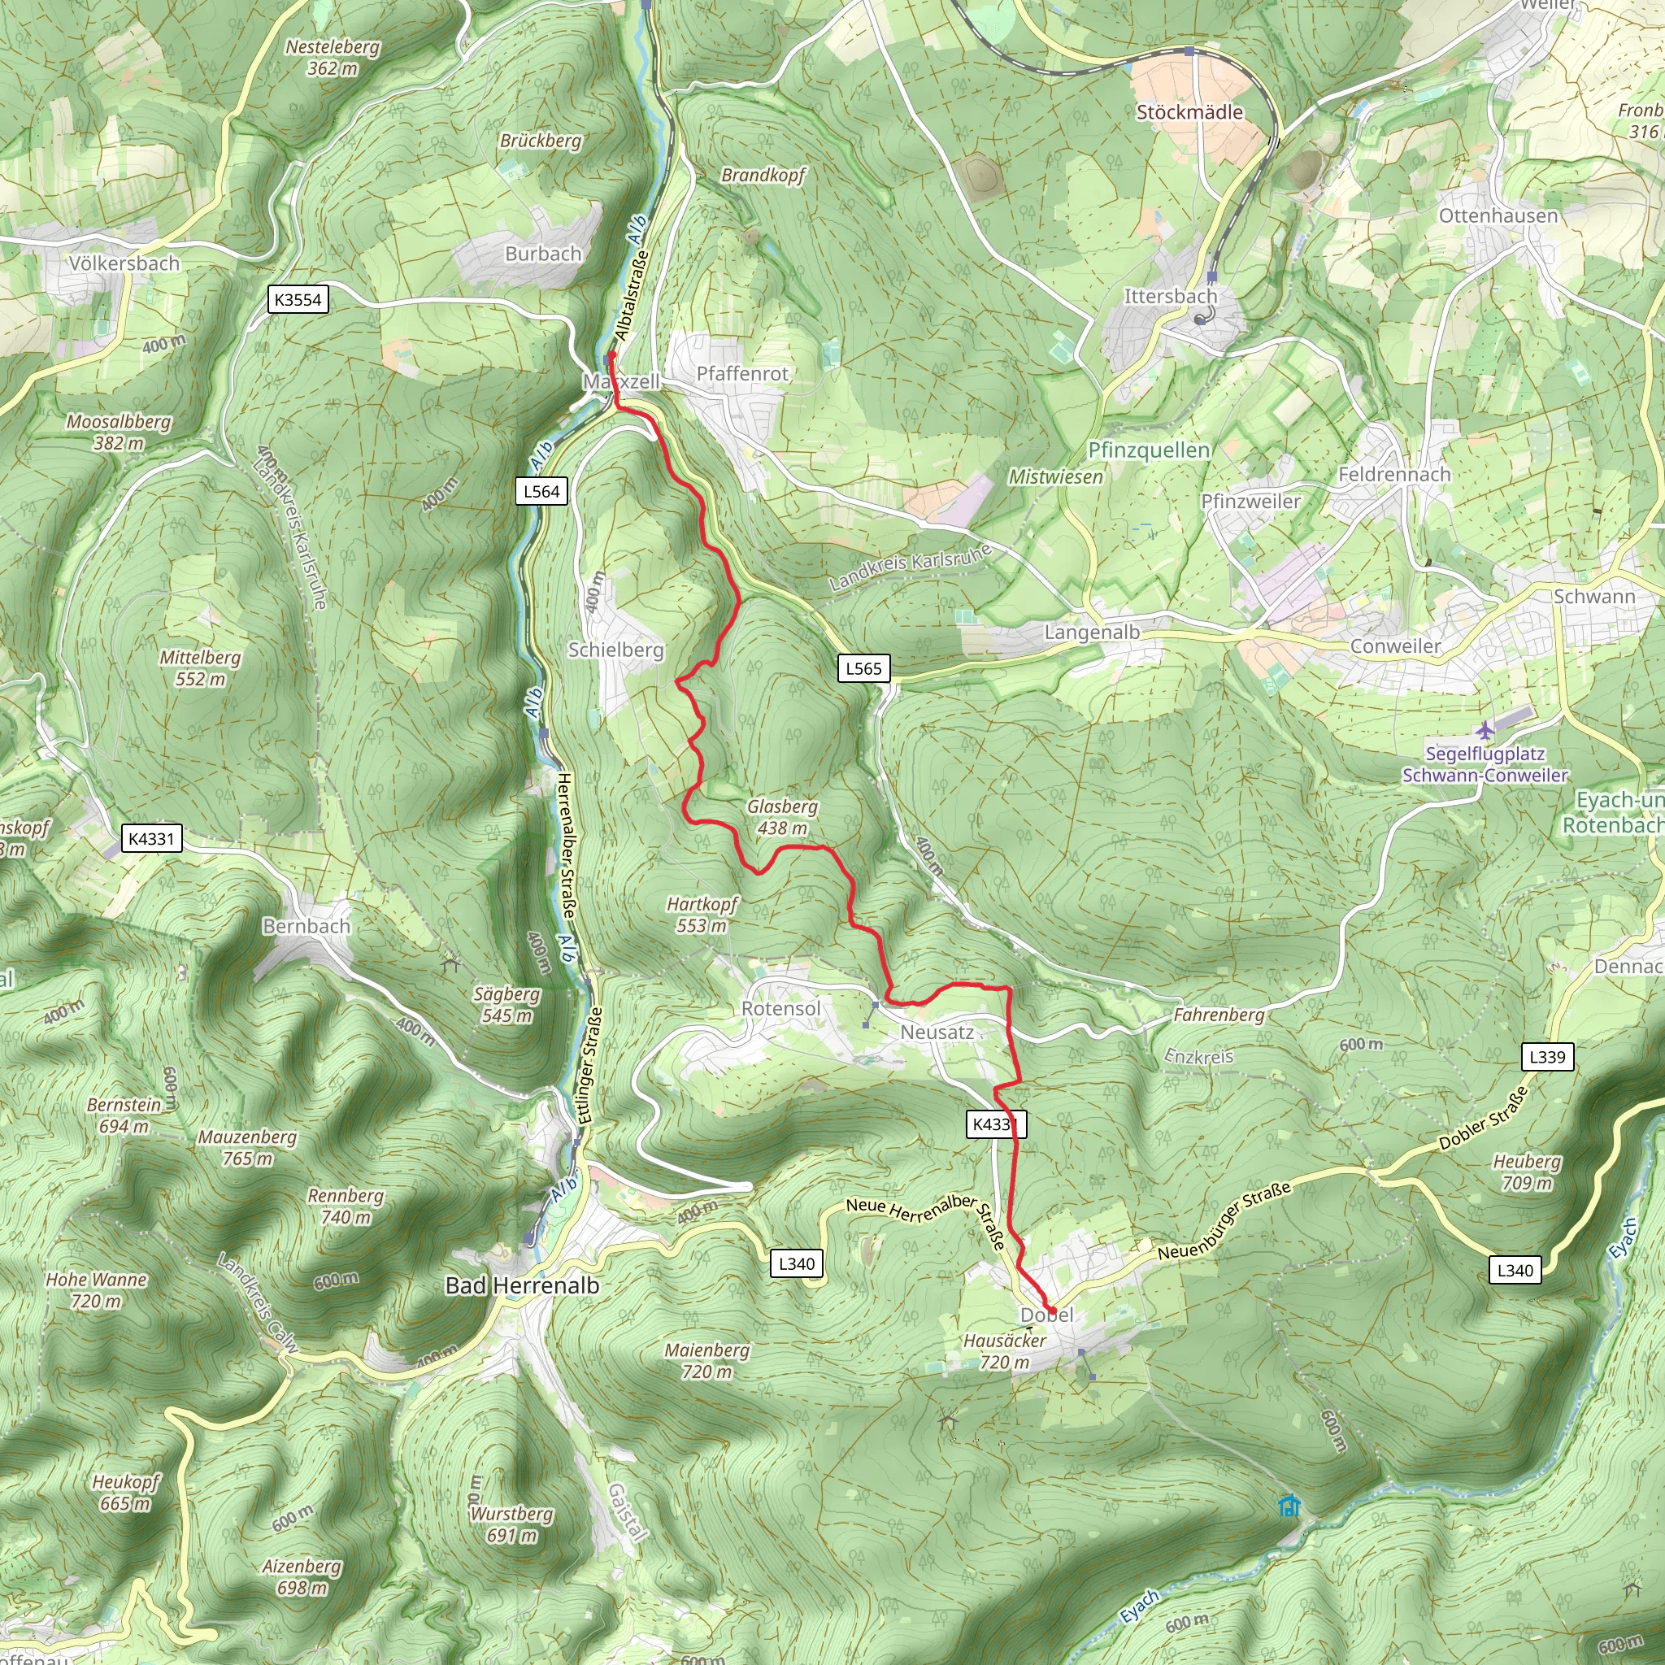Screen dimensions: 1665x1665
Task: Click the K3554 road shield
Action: coord(298,300)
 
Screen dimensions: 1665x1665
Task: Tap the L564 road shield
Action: coord(541,491)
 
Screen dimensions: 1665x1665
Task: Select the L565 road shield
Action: coord(863,668)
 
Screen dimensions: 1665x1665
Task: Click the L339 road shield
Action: coord(1547,1057)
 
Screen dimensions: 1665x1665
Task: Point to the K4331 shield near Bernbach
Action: coord(152,838)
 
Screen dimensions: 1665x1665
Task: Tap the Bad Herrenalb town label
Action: coord(521,1285)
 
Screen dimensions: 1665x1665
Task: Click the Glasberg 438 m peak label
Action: coord(781,817)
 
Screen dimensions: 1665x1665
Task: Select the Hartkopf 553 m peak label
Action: coord(702,915)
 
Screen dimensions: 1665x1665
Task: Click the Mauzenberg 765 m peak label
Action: coord(247,1148)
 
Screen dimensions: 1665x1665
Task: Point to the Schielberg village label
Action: coord(615,650)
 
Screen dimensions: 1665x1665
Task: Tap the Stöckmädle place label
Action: coord(1189,112)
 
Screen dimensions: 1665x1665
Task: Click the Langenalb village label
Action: coord(1092,633)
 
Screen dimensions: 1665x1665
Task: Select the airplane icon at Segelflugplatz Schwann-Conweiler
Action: coord(1484,731)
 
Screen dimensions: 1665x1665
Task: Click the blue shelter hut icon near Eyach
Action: coord(1289,1506)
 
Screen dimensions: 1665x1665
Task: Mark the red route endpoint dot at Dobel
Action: coord(1051,1311)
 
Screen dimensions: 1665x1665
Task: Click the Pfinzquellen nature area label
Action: coord(1149,450)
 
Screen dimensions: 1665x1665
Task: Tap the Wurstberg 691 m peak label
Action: coord(511,1524)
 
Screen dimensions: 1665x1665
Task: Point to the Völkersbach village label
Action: coord(124,263)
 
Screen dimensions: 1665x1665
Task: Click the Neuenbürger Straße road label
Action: coord(1224,1220)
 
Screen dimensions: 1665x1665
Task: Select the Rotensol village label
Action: coord(780,1008)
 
